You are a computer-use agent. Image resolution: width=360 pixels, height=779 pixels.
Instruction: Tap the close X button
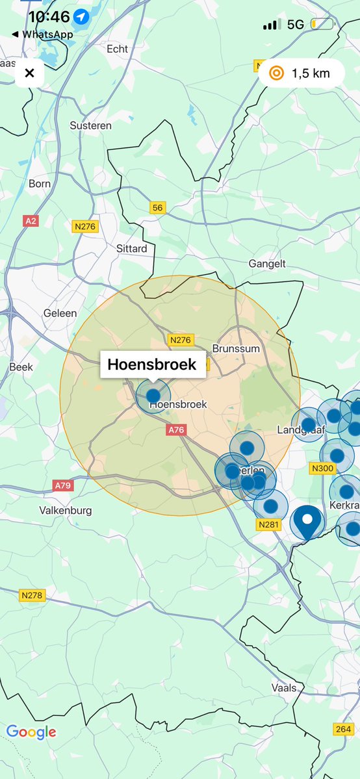[29, 73]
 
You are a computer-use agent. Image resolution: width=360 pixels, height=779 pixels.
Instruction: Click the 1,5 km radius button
[300, 73]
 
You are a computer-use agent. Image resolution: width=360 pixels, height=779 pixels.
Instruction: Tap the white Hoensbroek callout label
[151, 365]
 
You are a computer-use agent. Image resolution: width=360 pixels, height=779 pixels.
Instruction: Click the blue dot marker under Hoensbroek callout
[153, 395]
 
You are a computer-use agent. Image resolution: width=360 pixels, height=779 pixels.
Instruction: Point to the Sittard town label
[131, 249]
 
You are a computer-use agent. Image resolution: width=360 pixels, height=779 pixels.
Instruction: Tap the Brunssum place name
[236, 349]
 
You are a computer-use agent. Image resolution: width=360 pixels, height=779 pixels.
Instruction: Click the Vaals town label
[285, 688]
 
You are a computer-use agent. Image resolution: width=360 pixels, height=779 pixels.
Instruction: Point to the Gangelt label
[267, 264]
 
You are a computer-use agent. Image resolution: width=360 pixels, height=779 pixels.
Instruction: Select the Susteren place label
[90, 125]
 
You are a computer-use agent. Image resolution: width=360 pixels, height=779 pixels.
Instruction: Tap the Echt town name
[118, 49]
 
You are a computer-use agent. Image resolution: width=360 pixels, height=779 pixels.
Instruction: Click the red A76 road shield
[177, 430]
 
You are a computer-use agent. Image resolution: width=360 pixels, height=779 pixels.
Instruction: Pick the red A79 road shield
[63, 485]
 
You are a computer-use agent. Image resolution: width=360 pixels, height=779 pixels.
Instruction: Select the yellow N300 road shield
[322, 468]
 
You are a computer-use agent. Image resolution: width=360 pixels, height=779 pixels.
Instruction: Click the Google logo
[31, 732]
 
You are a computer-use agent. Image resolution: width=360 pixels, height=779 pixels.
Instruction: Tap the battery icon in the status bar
[322, 25]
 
